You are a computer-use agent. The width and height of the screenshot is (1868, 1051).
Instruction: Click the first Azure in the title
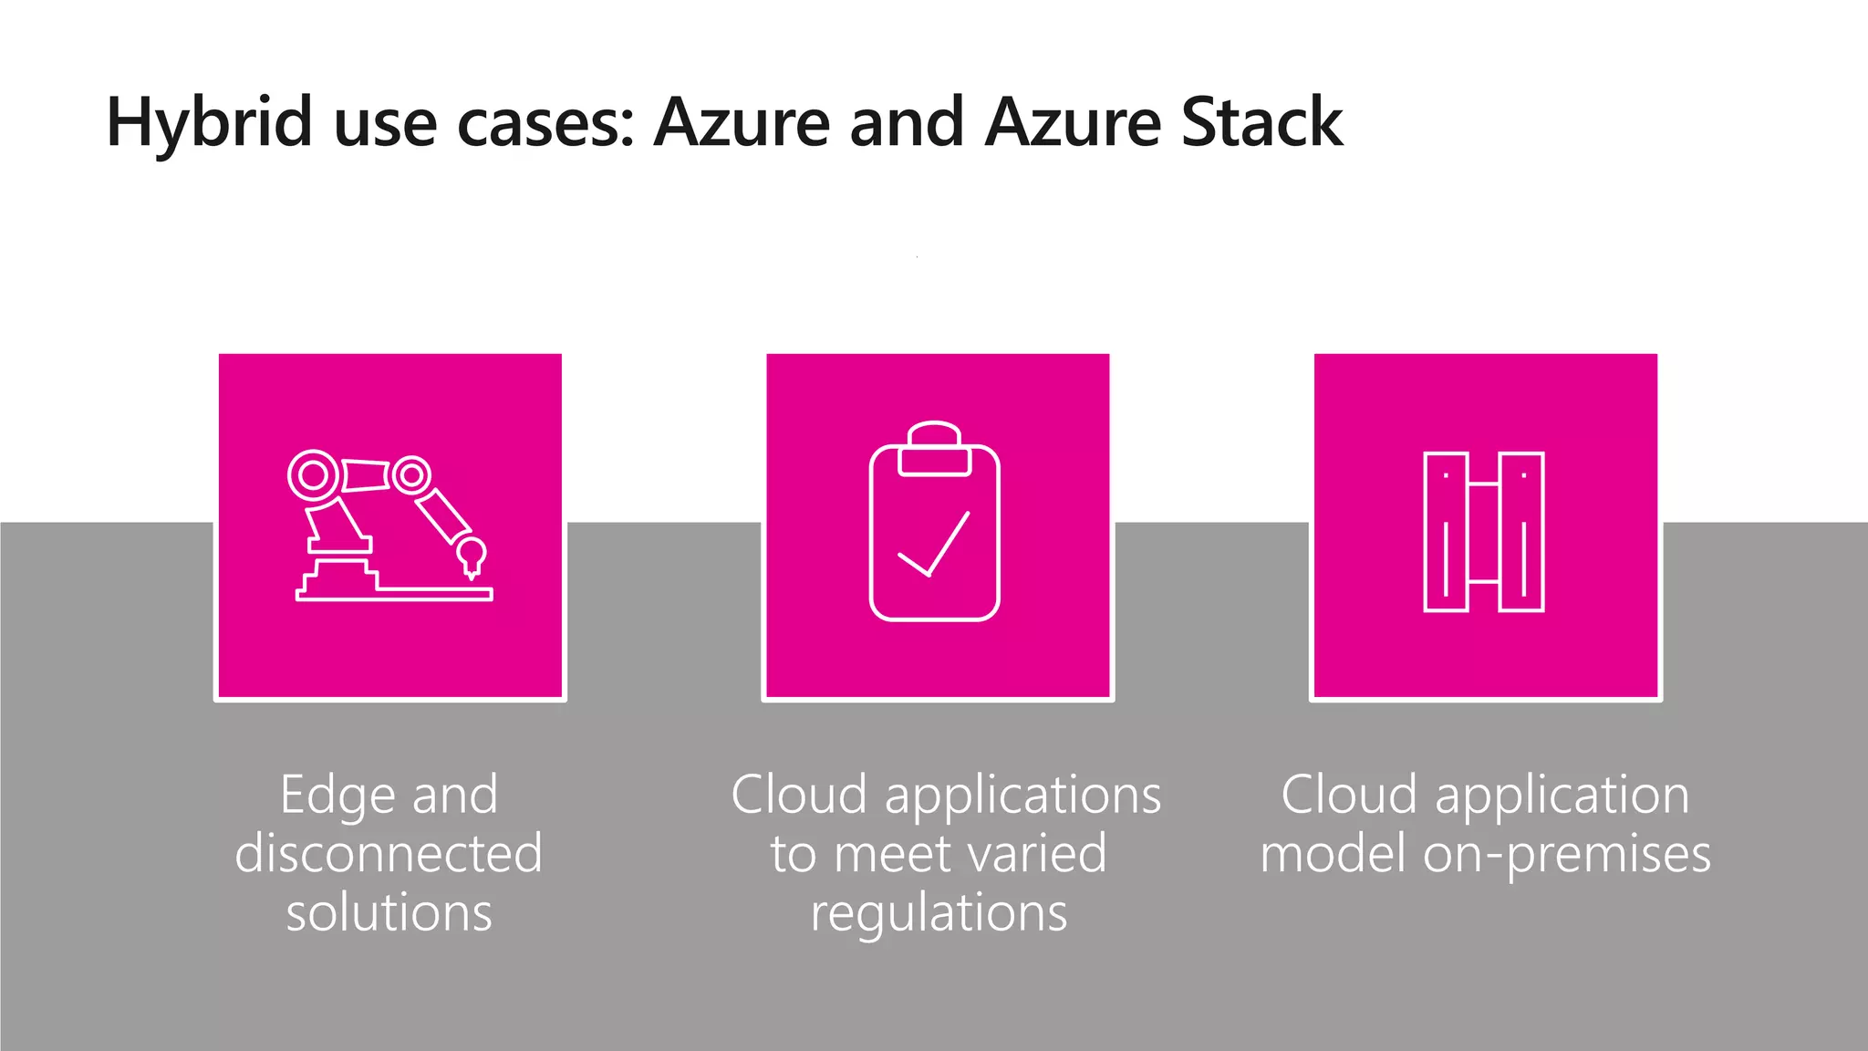[741, 123]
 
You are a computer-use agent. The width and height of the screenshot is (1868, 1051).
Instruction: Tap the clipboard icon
[935, 522]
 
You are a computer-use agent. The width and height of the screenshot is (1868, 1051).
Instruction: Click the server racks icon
[1484, 531]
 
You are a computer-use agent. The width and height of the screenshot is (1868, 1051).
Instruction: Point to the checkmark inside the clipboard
[934, 546]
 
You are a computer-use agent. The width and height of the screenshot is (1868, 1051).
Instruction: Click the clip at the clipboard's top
[934, 449]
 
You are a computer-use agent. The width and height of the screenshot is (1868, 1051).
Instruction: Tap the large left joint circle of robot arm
[314, 475]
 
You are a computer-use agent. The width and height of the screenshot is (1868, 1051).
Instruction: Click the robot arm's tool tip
[472, 557]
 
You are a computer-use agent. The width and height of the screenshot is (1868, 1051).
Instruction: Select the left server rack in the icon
[1446, 531]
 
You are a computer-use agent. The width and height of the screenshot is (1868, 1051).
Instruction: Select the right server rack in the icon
[1521, 531]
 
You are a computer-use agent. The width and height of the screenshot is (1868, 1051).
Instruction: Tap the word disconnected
[389, 854]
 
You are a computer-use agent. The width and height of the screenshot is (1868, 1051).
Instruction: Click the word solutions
[389, 912]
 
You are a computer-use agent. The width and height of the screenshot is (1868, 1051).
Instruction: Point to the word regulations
[939, 913]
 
